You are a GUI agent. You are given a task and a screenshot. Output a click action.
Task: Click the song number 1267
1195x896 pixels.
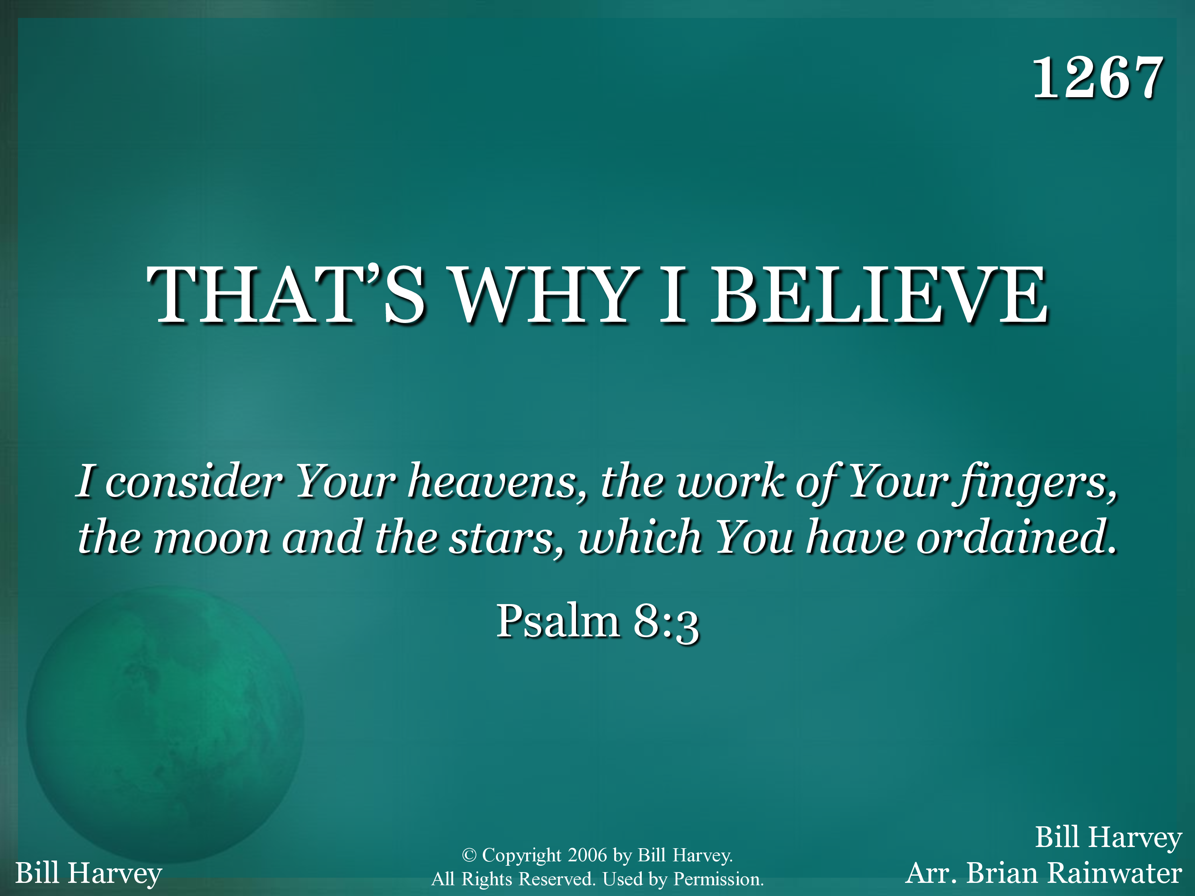[1098, 78]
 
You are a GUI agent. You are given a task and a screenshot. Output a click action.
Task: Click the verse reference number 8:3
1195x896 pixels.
[666, 622]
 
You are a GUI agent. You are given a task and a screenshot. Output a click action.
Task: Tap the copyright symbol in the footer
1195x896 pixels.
[469, 855]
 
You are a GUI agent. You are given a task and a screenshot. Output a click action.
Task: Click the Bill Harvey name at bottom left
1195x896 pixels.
[88, 873]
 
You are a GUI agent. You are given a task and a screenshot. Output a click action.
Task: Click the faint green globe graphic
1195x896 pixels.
[165, 724]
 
